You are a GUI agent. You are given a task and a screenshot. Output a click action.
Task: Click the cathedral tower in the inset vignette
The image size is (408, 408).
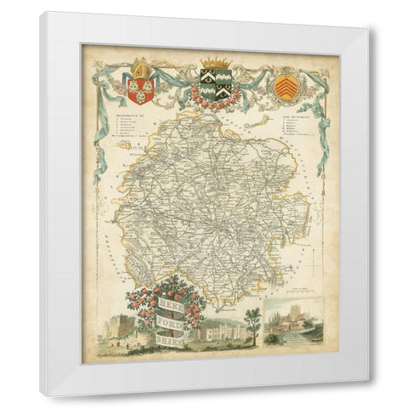click(x=289, y=316)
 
